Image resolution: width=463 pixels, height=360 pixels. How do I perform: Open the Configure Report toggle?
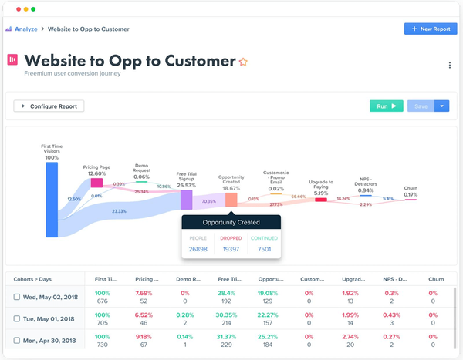pos(49,106)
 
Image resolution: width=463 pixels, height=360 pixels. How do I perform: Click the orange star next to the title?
pos(243,62)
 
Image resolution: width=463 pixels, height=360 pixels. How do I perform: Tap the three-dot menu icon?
pos(449,66)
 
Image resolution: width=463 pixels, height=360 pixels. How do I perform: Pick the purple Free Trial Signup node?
pos(186,200)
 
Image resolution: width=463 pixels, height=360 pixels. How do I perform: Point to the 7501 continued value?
pos(264,249)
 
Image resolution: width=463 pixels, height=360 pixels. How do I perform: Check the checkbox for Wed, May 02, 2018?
pos(17,297)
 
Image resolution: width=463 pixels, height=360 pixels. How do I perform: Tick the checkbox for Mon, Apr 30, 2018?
pos(17,340)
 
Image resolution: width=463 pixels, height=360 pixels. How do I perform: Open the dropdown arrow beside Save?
pos(442,106)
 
